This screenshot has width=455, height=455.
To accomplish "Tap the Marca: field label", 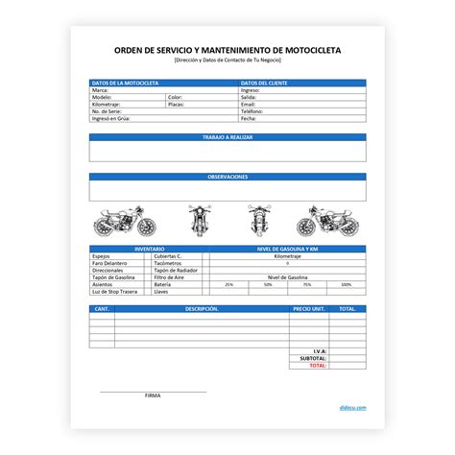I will point(99,90).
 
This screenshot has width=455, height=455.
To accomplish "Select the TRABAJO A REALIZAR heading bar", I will point(227,138).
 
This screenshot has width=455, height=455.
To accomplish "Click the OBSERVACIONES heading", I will point(227,177).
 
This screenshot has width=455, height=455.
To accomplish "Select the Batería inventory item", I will point(162,284).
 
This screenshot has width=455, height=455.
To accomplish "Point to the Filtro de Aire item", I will point(169,277).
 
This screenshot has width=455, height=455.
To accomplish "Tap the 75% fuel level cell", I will point(307,285).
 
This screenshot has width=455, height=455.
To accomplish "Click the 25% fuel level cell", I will point(228,285).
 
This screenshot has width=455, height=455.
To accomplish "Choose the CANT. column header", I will point(101,309).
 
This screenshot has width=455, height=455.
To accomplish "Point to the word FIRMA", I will point(153,395).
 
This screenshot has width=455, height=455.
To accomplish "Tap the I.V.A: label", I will point(320,351).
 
